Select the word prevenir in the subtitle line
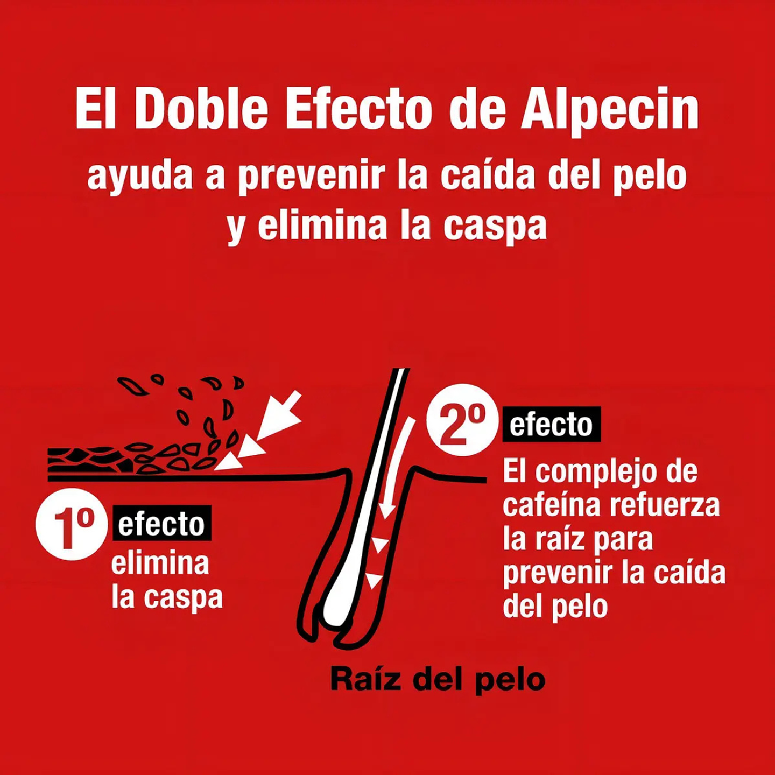tap(312, 175)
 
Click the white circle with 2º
tap(462, 420)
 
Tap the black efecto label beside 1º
tap(161, 524)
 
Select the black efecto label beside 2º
tap(551, 425)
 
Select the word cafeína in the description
tap(551, 505)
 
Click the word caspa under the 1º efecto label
tap(183, 598)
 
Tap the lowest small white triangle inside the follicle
tap(374, 580)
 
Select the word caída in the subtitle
tap(488, 175)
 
